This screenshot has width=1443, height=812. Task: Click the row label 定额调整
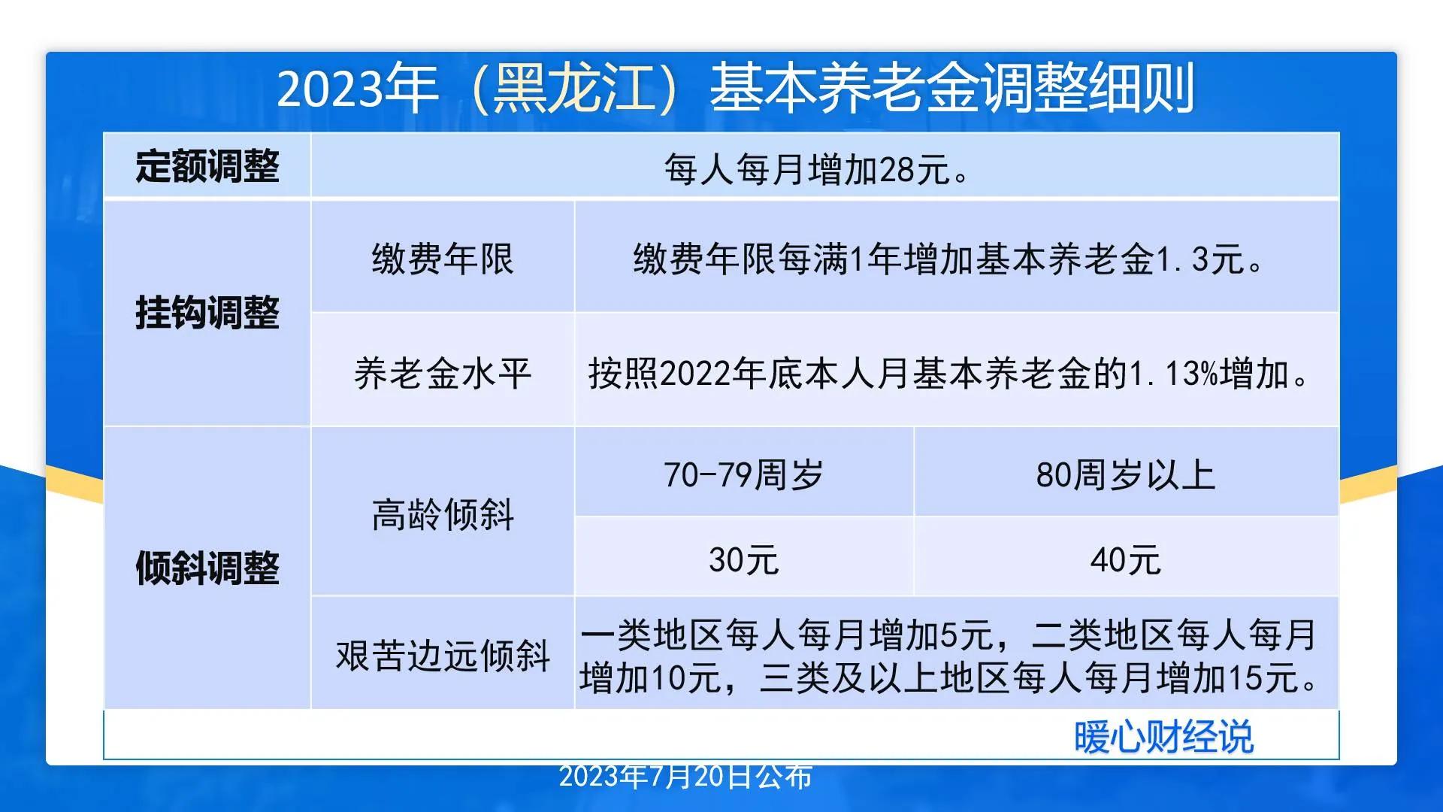pyautogui.click(x=207, y=166)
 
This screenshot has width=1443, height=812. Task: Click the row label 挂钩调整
pyautogui.click(x=207, y=313)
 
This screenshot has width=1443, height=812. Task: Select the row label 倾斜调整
pyautogui.click(x=207, y=568)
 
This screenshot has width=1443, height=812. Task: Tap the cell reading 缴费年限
pyautogui.click(x=443, y=259)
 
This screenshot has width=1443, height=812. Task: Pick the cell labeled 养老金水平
pyautogui.click(x=443, y=374)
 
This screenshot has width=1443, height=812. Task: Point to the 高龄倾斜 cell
pyautogui.click(x=443, y=515)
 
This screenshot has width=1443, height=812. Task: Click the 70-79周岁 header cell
pyautogui.click(x=743, y=475)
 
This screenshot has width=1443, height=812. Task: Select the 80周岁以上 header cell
pyautogui.click(x=1125, y=475)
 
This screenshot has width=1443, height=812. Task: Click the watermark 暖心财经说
pyautogui.click(x=1163, y=737)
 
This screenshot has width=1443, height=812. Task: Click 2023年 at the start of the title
pyautogui.click(x=357, y=89)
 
